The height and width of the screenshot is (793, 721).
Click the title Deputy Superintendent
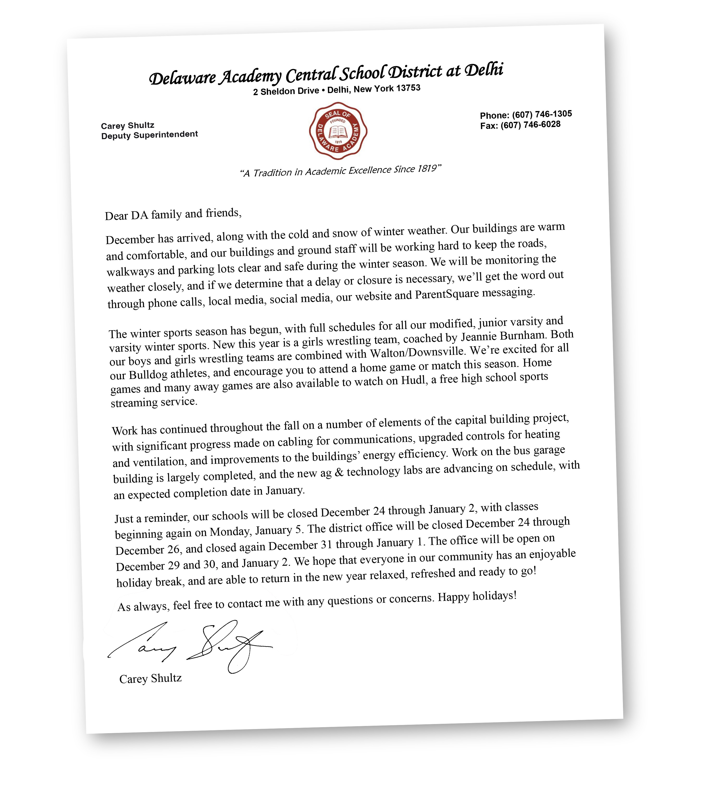tap(149, 135)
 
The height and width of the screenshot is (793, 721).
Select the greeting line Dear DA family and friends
tap(173, 214)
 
